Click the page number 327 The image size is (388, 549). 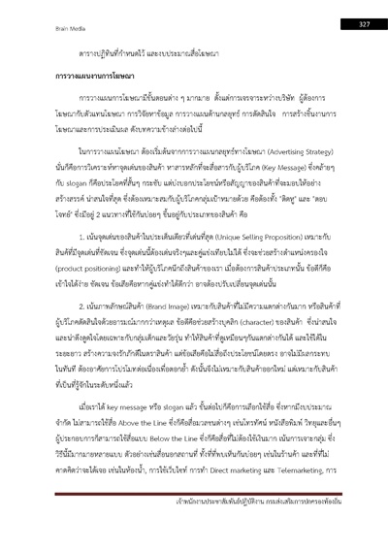(x=365, y=23)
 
